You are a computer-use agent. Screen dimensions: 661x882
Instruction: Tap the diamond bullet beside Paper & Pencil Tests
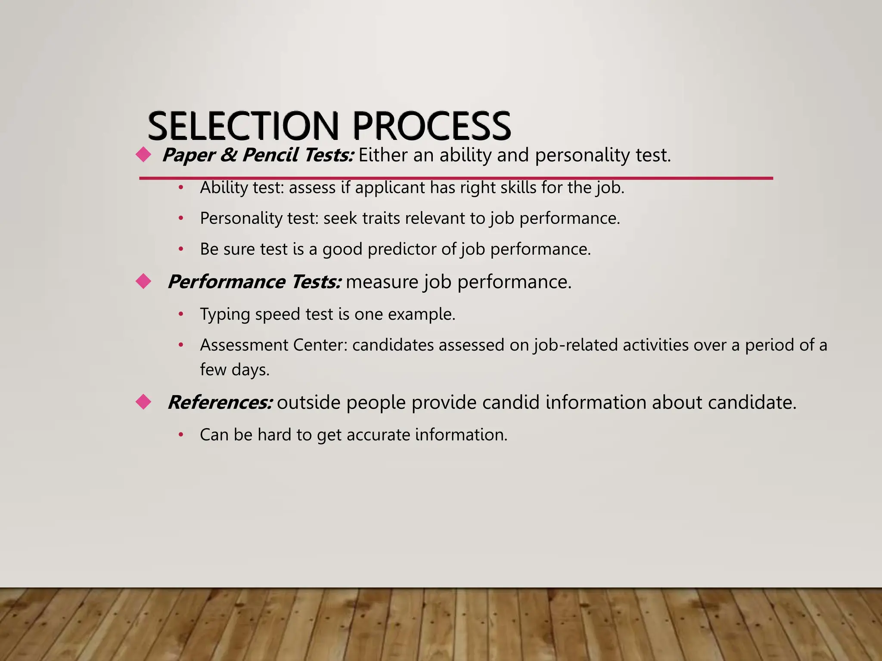pos(143,154)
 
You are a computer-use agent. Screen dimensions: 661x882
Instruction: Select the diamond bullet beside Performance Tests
pos(143,281)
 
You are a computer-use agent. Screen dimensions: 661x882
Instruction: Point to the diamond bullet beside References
pos(143,402)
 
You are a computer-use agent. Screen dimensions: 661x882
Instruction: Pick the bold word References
pos(220,402)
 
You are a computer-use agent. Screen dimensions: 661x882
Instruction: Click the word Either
pos(383,155)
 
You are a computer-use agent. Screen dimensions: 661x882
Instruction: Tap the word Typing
pos(225,315)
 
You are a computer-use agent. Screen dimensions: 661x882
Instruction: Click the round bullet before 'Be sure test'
pos(181,249)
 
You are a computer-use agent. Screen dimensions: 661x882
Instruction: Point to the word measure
pos(382,282)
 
